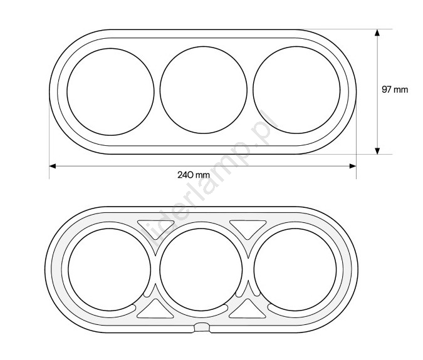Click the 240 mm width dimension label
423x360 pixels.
(x=194, y=175)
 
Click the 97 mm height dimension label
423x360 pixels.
(x=395, y=90)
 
